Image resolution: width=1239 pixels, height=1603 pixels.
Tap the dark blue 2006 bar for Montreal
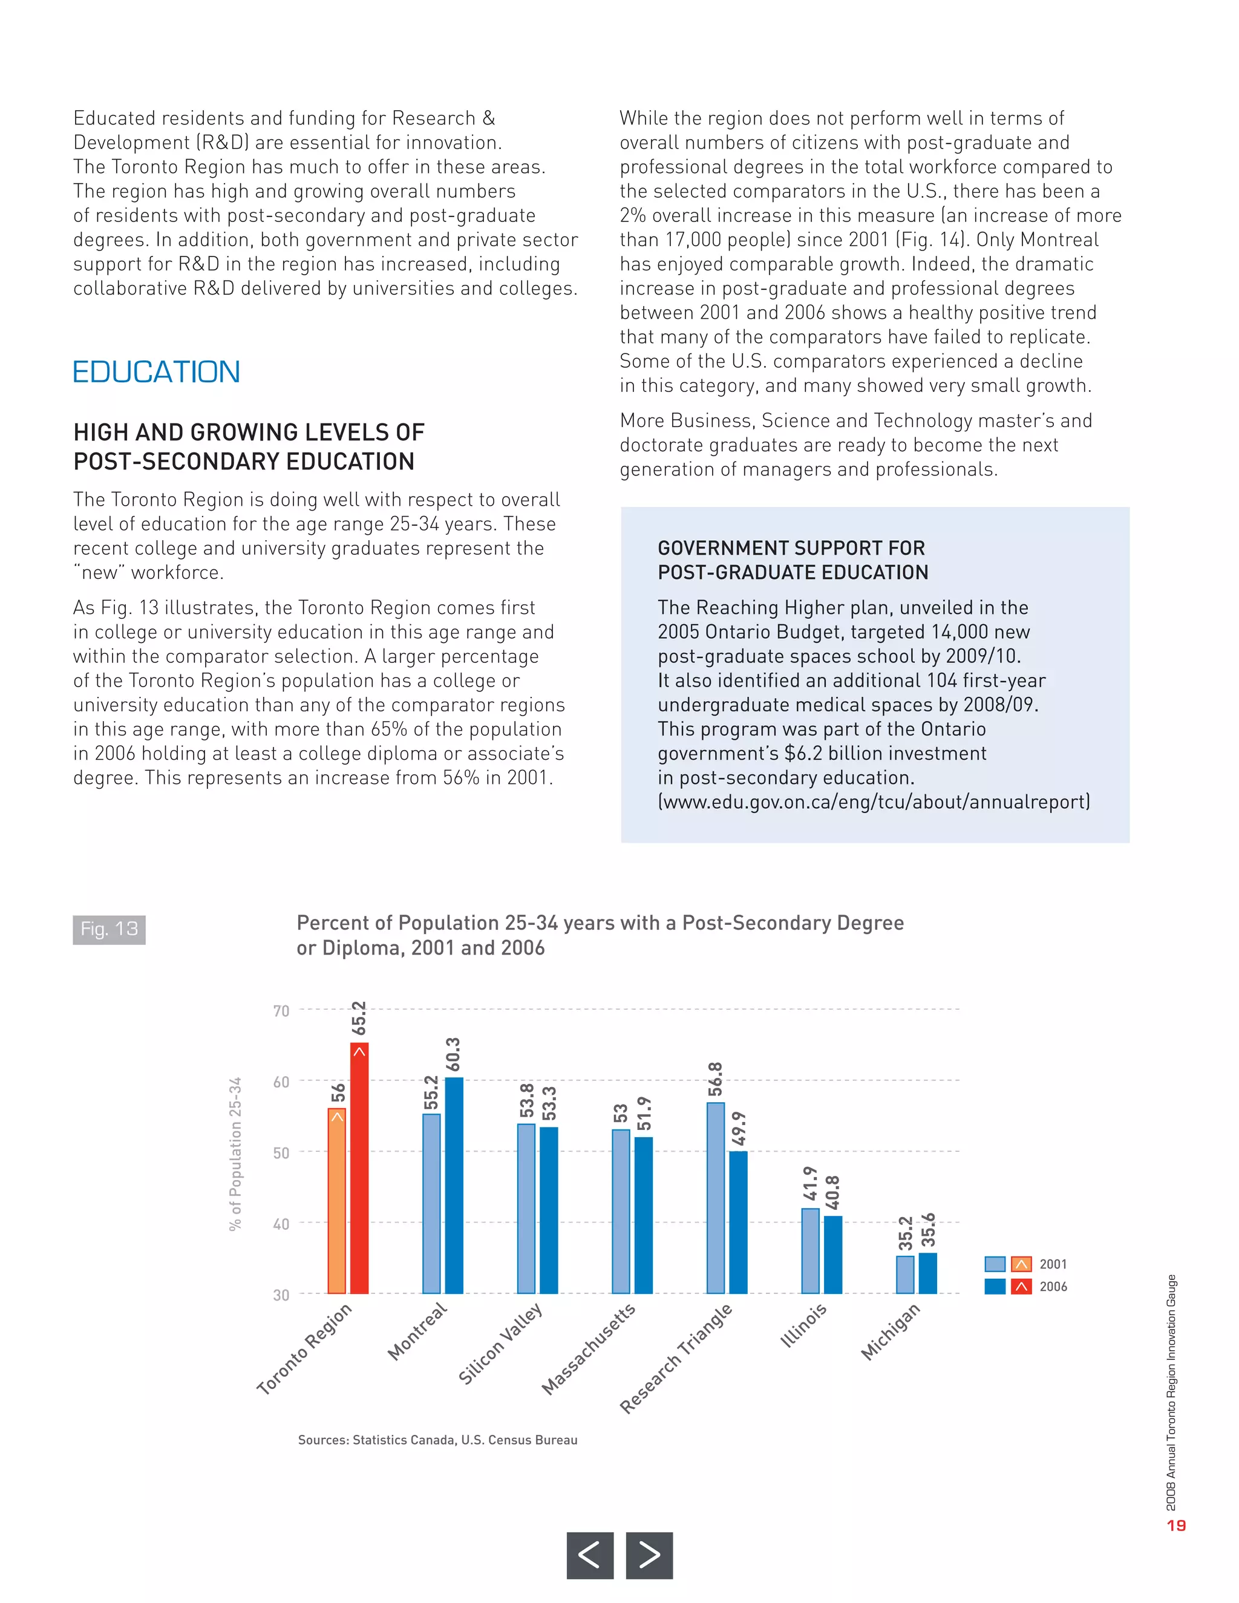(454, 1186)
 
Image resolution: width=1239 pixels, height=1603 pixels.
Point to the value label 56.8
(716, 1079)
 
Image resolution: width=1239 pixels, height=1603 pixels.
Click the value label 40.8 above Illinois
(832, 1193)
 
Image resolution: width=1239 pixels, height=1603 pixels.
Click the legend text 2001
(1053, 1264)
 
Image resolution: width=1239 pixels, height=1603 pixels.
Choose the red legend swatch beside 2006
(1021, 1287)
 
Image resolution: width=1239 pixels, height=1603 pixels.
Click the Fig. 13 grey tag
(109, 929)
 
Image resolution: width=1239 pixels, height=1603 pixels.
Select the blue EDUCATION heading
(156, 372)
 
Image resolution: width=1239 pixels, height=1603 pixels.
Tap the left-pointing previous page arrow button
(589, 1555)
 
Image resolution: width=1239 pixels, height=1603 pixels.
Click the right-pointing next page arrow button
(649, 1555)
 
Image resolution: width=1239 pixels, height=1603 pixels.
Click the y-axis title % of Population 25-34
(235, 1154)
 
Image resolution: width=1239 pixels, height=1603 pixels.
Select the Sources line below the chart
(437, 1440)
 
